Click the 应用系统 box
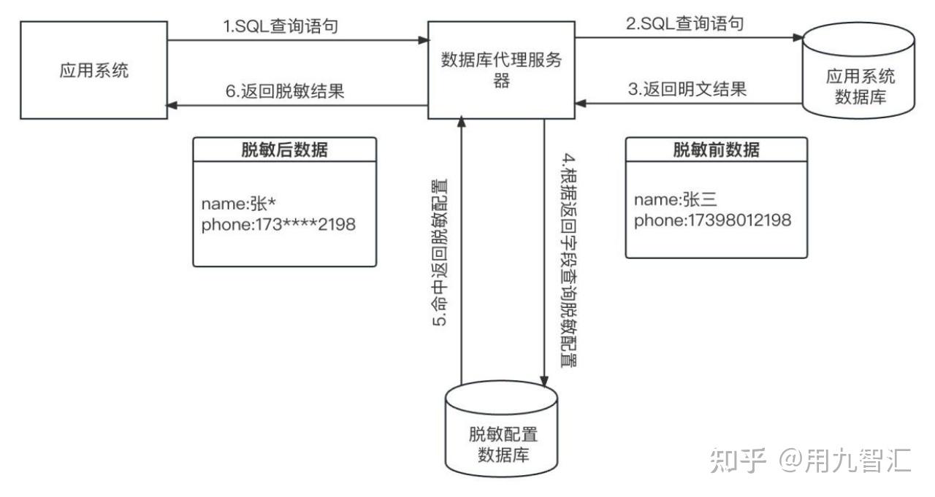[93, 71]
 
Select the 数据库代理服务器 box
[501, 71]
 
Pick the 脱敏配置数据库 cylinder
[502, 438]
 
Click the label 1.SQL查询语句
[280, 27]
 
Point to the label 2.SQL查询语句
[685, 24]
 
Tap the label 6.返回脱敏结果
[284, 92]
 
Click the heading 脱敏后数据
[284, 150]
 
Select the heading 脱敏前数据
[716, 150]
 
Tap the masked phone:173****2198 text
[278, 225]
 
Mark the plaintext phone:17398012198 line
[712, 220]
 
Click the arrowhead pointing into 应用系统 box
[172, 105]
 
